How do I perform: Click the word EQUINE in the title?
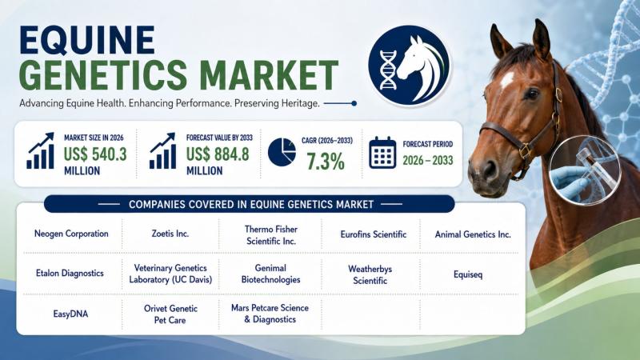(87, 40)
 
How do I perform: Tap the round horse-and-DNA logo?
(409, 66)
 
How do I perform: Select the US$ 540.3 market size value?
(95, 154)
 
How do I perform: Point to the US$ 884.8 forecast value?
(218, 154)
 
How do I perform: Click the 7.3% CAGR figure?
(326, 162)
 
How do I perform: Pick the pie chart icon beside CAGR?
(282, 152)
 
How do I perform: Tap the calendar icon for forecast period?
(382, 153)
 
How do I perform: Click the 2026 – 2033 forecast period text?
(428, 161)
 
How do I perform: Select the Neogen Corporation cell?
(71, 234)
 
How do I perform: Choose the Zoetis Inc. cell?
(170, 234)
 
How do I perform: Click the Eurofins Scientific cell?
(374, 234)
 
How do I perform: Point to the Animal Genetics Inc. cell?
(473, 234)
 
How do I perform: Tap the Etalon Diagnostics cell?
(70, 273)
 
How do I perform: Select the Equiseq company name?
(468, 274)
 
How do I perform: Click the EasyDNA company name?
(70, 314)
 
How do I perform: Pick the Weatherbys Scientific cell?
(370, 274)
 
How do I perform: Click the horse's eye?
(531, 94)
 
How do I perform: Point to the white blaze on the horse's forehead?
(506, 79)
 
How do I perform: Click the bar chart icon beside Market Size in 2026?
(41, 150)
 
